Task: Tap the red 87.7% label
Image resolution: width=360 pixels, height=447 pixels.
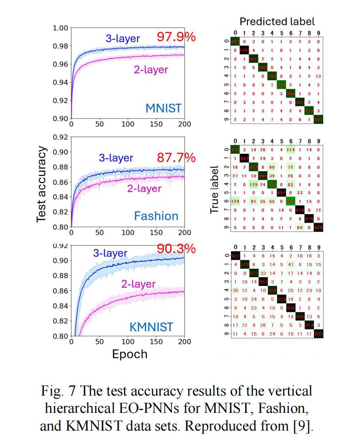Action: coord(176,158)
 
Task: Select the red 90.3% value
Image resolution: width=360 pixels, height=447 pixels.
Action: coord(176,249)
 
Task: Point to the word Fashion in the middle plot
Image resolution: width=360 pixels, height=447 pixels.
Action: coord(156,216)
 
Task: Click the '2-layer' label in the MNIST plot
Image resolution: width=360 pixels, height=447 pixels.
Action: coord(151,70)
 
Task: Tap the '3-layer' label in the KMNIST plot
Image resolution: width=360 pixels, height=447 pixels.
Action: coord(110,253)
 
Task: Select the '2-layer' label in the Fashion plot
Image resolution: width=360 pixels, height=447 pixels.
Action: coord(144,188)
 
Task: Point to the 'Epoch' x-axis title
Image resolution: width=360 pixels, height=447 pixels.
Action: coord(129,354)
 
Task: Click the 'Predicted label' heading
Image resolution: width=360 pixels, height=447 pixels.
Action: coord(277,21)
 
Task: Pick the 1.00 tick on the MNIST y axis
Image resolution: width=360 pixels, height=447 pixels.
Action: coord(60,28)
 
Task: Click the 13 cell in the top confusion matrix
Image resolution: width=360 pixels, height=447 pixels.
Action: coord(318,76)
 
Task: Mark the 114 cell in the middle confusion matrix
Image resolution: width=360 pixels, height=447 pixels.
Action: coord(291,150)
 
